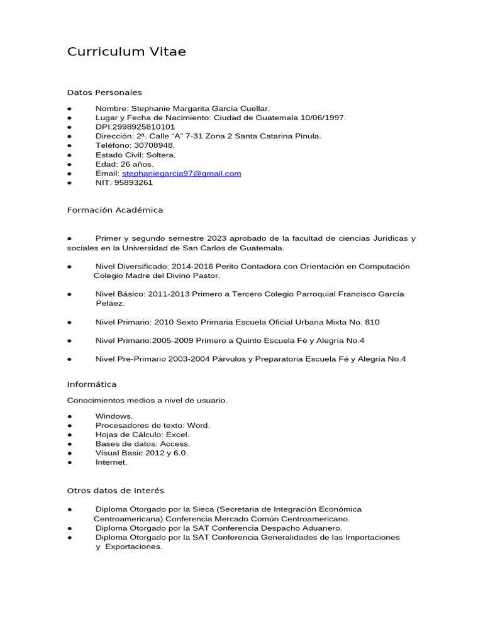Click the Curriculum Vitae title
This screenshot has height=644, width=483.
126,52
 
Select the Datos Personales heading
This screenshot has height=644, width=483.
104,92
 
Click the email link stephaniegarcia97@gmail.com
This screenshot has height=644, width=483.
181,173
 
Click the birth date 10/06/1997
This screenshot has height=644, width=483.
323,118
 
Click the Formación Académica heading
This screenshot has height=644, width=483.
115,210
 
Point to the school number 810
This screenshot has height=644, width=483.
372,322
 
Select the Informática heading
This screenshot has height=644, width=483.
92,384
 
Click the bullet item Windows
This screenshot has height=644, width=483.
114,416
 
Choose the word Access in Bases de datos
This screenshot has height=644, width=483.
175,443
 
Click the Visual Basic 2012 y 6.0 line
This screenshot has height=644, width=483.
142,453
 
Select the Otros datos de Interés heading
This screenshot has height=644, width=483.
116,491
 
